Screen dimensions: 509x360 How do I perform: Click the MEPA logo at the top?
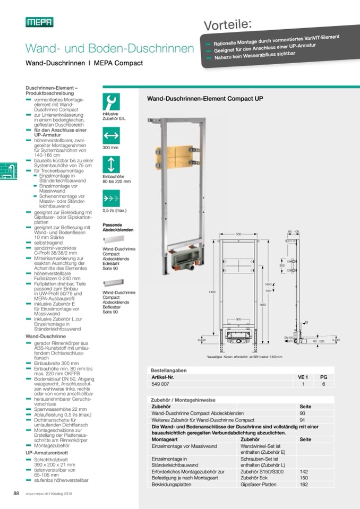point(39,22)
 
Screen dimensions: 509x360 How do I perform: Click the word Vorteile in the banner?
point(228,24)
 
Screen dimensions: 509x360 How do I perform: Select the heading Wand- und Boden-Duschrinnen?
point(110,48)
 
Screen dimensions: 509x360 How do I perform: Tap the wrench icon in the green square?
point(112,100)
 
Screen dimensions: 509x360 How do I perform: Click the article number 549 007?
point(161,383)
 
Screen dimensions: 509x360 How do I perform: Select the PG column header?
point(323,376)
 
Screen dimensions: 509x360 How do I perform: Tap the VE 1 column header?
point(303,376)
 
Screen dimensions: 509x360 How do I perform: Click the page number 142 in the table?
point(304,471)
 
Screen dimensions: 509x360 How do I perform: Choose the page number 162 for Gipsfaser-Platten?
point(304,485)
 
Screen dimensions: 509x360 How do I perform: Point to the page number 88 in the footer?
point(16,494)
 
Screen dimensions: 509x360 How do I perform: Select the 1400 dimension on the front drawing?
point(212,292)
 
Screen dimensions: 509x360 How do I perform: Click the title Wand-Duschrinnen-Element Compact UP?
point(204,98)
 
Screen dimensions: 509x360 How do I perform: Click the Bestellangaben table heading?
point(169,370)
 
